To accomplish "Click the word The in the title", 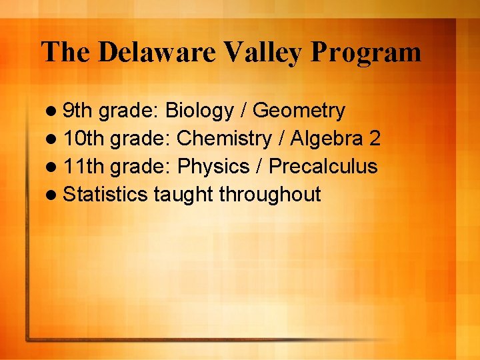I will [x=65, y=52].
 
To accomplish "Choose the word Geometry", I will [x=299, y=111].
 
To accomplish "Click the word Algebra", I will [x=324, y=139].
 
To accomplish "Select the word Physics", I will [x=211, y=167].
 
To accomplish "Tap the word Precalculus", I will [x=323, y=167].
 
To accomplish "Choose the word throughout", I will [x=270, y=195].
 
